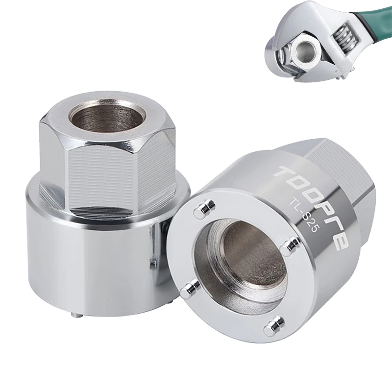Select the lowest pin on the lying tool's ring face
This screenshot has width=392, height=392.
(x=274, y=326)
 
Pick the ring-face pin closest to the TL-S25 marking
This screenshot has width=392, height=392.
(x=290, y=246)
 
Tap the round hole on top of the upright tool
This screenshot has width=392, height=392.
(x=107, y=116)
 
